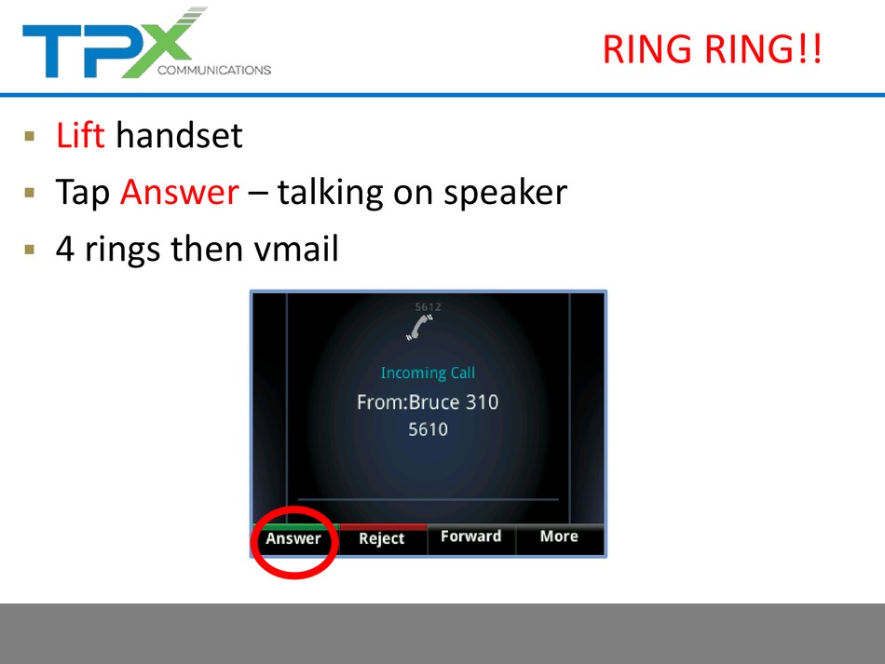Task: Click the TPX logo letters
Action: point(113,44)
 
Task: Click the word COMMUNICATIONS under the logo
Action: point(214,70)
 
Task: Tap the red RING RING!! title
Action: point(713,49)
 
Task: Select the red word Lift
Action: point(80,135)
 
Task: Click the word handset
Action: point(179,135)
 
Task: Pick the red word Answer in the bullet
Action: point(180,193)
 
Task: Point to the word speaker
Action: point(505,194)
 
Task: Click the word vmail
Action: point(296,249)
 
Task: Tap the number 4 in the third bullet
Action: point(65,249)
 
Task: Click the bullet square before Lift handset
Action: point(30,136)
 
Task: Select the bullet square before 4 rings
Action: point(30,250)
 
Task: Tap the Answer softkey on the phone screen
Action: point(293,539)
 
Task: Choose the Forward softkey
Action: point(470,535)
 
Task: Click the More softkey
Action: point(559,535)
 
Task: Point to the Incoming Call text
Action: point(428,373)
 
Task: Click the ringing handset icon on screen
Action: point(419,327)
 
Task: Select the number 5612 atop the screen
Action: point(428,307)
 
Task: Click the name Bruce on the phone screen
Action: point(433,402)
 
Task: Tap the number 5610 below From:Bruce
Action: point(428,430)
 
